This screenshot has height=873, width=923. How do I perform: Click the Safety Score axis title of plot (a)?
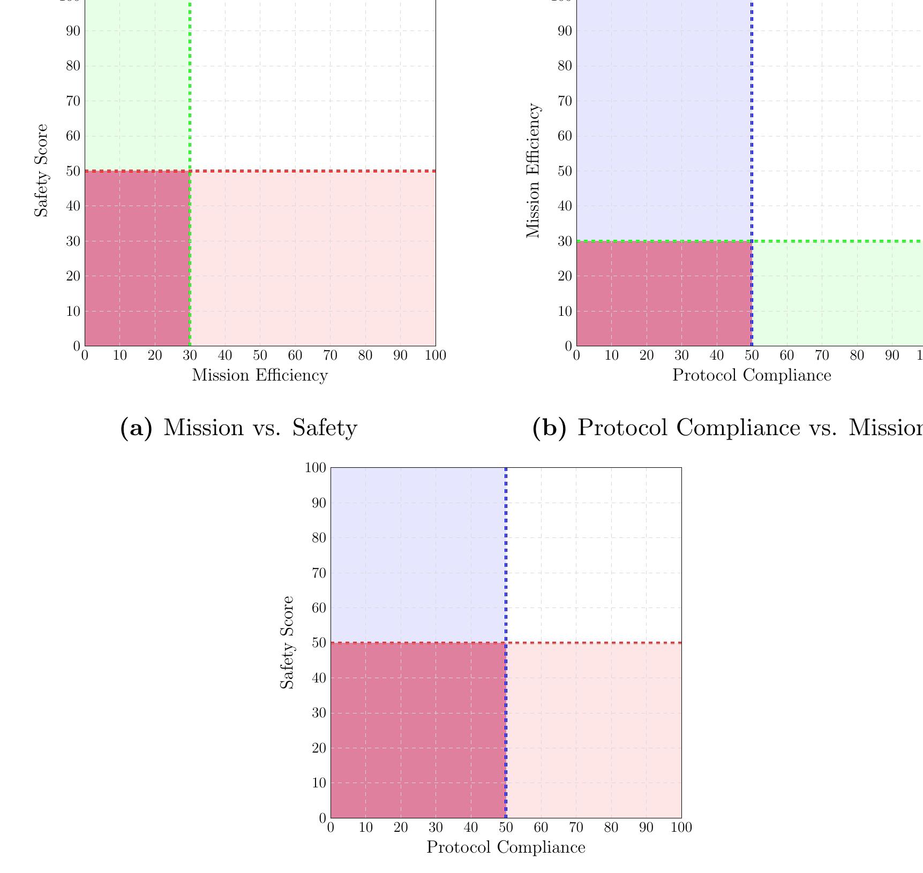(41, 170)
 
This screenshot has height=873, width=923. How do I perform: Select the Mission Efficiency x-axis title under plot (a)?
(260, 375)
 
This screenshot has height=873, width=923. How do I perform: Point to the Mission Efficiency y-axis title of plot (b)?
(533, 170)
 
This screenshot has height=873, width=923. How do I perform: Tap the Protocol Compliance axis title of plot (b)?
(752, 375)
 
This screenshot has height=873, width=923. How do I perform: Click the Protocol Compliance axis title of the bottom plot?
(506, 847)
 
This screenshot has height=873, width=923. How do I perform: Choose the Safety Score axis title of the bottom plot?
(287, 642)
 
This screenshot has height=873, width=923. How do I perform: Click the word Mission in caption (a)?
(193, 428)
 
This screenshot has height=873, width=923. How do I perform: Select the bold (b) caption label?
(549, 428)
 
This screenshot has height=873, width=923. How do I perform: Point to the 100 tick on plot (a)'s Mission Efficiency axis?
(435, 355)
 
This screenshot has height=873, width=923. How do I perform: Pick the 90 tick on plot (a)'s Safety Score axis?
(73, 31)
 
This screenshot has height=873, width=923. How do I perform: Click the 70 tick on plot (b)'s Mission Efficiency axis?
(565, 101)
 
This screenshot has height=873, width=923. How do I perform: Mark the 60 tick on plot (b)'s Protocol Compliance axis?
(786, 355)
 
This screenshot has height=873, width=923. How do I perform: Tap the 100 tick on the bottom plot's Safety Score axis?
(315, 468)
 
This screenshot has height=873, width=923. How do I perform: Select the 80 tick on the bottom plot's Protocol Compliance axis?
(611, 828)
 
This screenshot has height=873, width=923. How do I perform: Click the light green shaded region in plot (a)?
(137, 86)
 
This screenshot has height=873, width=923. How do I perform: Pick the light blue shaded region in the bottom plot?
(418, 554)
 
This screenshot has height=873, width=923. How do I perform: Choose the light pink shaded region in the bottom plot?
(594, 731)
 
